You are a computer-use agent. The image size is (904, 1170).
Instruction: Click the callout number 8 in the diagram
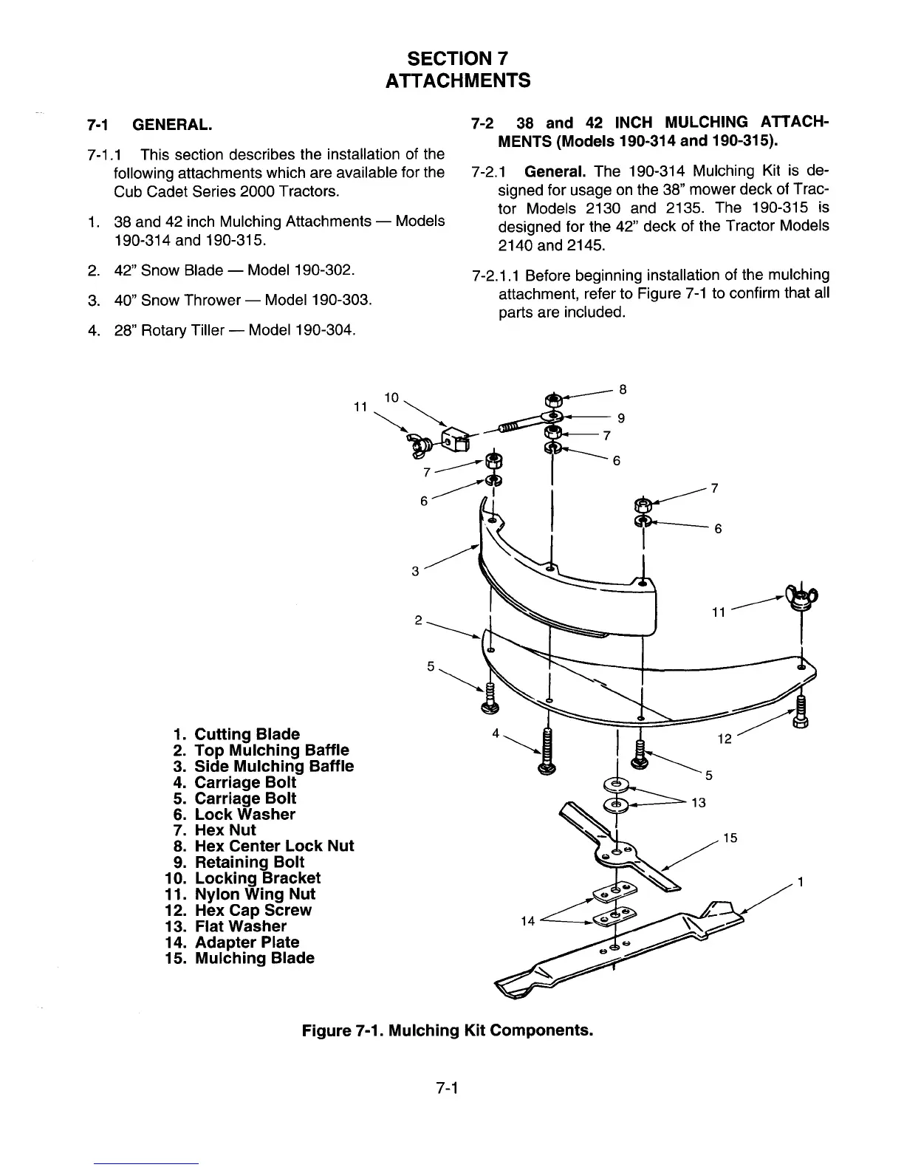pos(623,389)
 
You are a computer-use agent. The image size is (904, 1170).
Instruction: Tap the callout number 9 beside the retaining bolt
pos(621,418)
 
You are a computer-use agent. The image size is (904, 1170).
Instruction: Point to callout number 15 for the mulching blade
pos(730,838)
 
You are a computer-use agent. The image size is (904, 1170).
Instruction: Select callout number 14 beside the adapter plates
pos(527,920)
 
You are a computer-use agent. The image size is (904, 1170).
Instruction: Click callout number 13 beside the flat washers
pos(698,803)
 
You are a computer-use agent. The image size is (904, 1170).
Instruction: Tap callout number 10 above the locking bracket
pos(391,397)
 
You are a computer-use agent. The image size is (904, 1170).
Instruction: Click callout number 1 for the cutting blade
pos(800,882)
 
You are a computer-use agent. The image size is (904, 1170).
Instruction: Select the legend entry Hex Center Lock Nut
pos(273,846)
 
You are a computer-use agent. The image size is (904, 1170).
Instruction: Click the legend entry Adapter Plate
pos(247,942)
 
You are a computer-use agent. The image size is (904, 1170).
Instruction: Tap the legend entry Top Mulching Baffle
pos(271,750)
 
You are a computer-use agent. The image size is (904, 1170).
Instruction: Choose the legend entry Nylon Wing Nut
pos(254,894)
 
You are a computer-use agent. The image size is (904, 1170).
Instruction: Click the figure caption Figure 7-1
pos(447,1029)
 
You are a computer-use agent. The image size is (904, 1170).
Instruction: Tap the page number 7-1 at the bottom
pos(448,1087)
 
